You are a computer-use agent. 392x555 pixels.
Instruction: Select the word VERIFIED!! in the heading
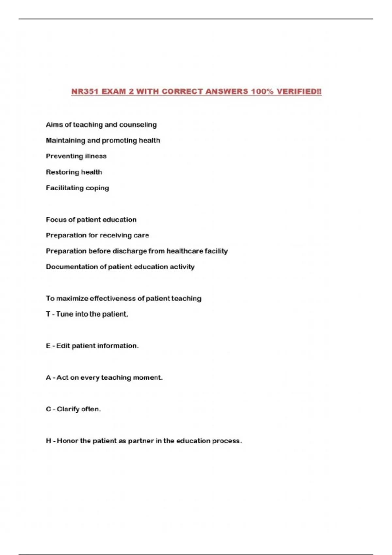(299, 92)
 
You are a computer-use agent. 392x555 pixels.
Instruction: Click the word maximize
(72, 298)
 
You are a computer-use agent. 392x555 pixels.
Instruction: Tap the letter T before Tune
(48, 314)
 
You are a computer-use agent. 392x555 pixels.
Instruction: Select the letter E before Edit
(48, 346)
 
